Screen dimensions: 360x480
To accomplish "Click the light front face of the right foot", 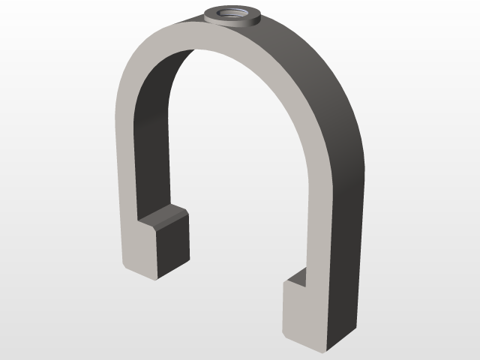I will pyautogui.click(x=304, y=311).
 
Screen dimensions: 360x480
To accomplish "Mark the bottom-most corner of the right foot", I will pyautogui.click(x=324, y=350).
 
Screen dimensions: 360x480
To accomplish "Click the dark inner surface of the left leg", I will pyautogui.click(x=150, y=150).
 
